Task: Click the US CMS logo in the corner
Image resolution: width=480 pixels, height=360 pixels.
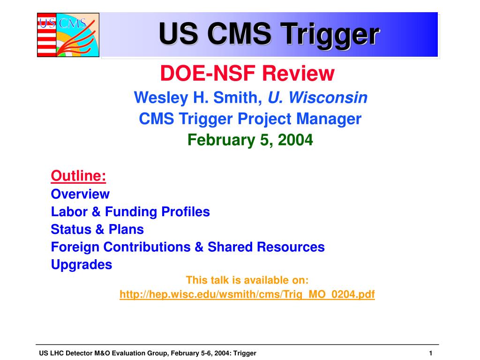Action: tap(68, 35)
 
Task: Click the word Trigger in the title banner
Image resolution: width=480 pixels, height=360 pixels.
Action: tap(330, 35)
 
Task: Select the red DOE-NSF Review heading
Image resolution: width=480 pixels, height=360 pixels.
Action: tap(247, 74)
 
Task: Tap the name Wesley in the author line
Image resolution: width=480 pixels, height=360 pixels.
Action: tap(161, 97)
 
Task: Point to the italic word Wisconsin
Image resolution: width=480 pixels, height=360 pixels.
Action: tap(328, 97)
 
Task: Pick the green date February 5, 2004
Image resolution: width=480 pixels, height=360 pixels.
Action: tap(250, 140)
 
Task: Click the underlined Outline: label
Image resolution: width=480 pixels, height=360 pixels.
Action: tap(78, 176)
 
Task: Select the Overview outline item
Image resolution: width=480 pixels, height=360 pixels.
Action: tap(80, 194)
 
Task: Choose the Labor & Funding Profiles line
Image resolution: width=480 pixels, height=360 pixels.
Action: tap(130, 211)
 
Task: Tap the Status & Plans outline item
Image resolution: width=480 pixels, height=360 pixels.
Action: tap(97, 229)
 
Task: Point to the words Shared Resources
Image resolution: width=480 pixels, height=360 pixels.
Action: tap(266, 247)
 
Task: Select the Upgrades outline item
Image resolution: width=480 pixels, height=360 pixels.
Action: tap(82, 265)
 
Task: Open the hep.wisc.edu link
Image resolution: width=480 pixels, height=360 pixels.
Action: tap(247, 294)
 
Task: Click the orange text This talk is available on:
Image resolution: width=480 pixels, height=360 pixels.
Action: tap(247, 280)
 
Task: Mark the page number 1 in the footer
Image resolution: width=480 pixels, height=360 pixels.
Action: tap(430, 353)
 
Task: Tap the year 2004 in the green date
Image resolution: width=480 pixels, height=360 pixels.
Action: tap(295, 140)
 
